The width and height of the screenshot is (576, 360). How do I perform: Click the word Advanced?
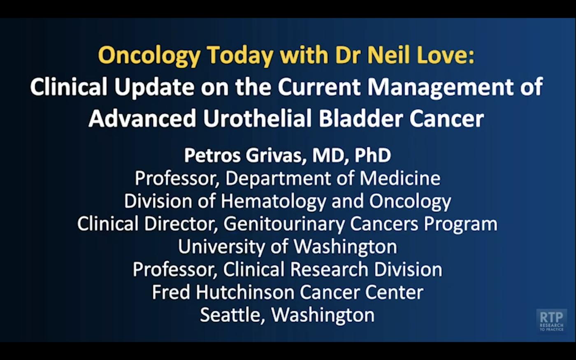point(142,119)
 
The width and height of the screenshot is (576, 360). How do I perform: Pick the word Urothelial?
point(257,119)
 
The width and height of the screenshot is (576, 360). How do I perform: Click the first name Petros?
point(211,156)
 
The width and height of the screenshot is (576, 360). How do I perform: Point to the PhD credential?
point(373,156)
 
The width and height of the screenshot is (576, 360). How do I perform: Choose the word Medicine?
point(400,179)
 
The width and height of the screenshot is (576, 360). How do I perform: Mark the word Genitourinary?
point(284,224)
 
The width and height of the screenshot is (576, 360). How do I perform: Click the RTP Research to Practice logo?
point(551,321)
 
